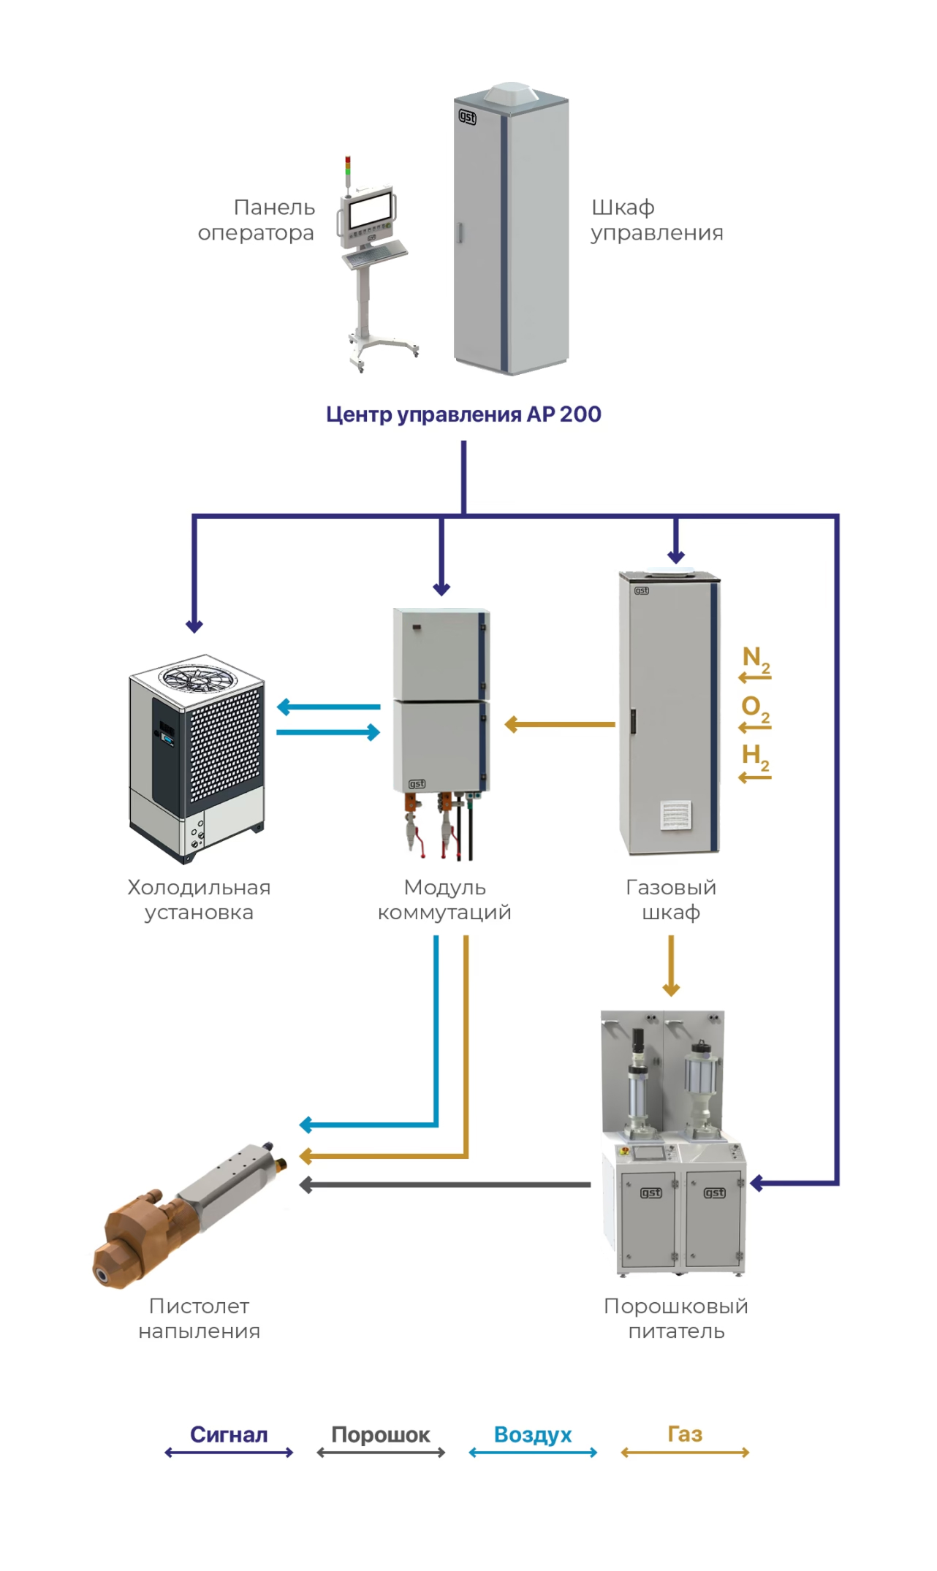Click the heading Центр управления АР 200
463,414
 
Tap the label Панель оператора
257,220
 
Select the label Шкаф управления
656,220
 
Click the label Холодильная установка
199,899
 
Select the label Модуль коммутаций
444,899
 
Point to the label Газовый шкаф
671,899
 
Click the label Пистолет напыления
199,1318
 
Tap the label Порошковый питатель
676,1318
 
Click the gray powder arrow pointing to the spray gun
445,1184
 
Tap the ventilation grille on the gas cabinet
676,814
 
